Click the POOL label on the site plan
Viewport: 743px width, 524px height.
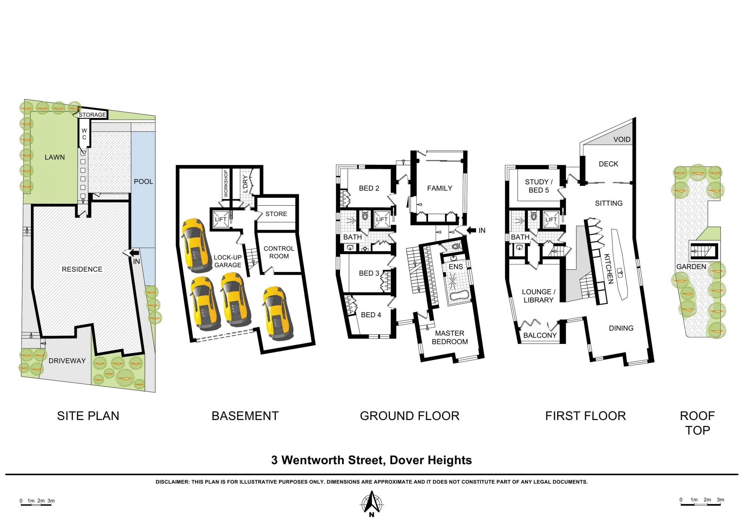point(143,182)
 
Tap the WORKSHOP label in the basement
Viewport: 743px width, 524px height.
point(226,184)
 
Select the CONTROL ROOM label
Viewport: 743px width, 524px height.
point(279,252)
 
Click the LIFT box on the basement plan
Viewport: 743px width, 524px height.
point(221,219)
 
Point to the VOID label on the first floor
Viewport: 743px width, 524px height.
point(622,140)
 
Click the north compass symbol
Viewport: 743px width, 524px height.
point(372,504)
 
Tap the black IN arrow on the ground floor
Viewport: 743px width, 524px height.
point(471,230)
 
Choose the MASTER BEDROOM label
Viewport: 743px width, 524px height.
point(450,337)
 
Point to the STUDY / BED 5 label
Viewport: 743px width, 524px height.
point(539,186)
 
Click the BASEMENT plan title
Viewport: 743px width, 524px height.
point(245,416)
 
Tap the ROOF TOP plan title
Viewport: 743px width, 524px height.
point(697,423)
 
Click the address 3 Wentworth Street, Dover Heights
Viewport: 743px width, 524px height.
point(371,460)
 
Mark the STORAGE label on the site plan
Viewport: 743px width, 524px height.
point(92,115)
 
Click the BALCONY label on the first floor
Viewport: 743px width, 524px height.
point(540,335)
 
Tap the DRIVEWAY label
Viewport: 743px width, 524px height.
point(67,361)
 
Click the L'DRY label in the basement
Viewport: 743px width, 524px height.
point(245,184)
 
